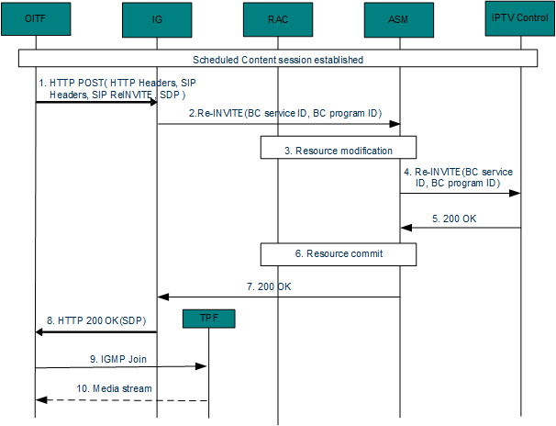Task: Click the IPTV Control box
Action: pos(519,18)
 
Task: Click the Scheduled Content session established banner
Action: pos(278,60)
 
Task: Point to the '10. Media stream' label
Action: pos(115,389)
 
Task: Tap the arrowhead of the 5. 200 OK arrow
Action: pos(406,229)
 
